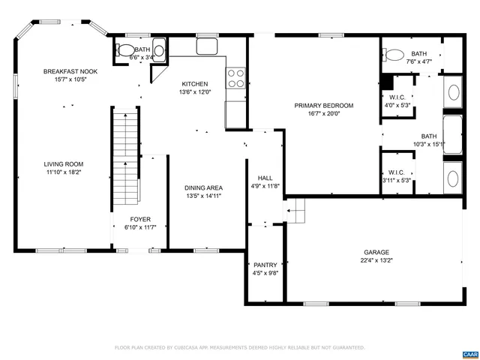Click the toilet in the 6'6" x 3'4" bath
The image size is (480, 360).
[x=123, y=51]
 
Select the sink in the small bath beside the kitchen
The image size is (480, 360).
[x=158, y=52]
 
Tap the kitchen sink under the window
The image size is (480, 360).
[x=207, y=47]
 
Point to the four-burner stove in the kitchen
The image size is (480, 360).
[x=236, y=78]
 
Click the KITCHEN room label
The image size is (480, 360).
[x=195, y=84]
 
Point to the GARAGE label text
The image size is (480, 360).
[x=376, y=253]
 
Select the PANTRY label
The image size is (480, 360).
[x=265, y=265]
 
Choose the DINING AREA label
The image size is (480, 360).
[x=203, y=187]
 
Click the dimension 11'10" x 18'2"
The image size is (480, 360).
[x=63, y=172]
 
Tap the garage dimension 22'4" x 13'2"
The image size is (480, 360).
[x=376, y=261]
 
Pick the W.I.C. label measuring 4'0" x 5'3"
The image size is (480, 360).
[x=397, y=105]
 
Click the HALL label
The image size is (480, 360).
[x=265, y=178]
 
